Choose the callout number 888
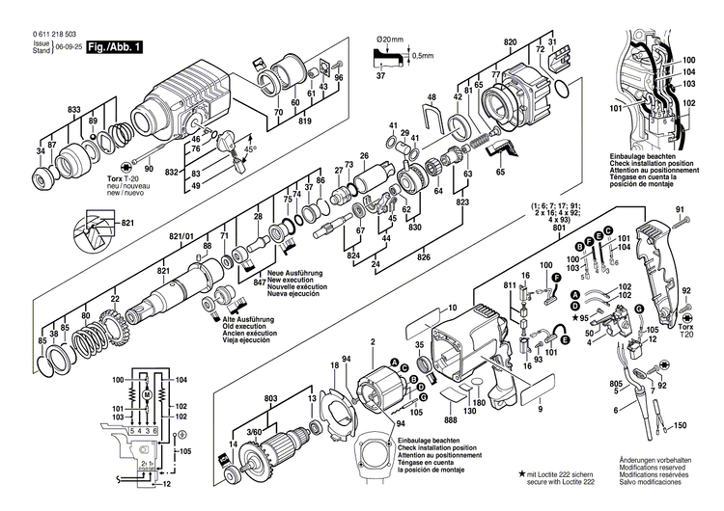point(451,419)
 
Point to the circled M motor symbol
point(146,394)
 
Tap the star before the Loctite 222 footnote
point(523,473)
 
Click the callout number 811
point(510,286)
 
